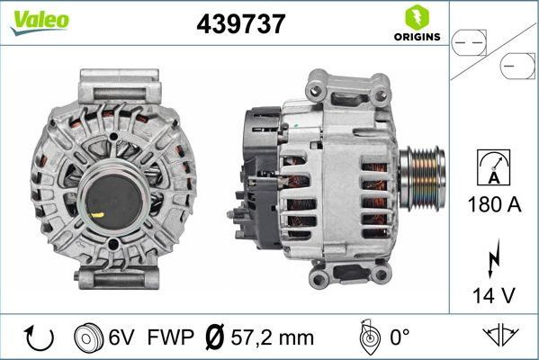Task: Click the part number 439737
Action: pyautogui.click(x=240, y=25)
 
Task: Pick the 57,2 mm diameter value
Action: pyautogui.click(x=273, y=338)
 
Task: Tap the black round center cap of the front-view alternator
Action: pyautogui.click(x=113, y=193)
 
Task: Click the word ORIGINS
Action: pyautogui.click(x=416, y=38)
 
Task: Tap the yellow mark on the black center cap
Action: pyautogui.click(x=96, y=215)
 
